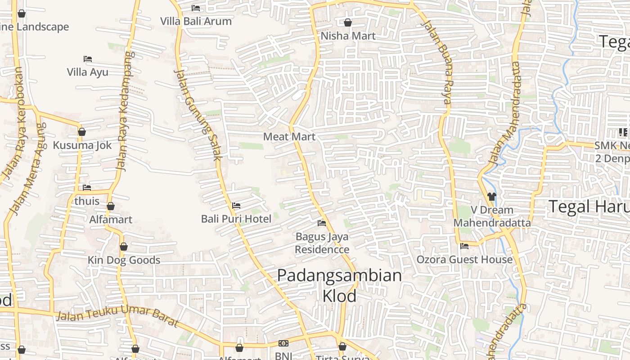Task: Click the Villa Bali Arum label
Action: (x=196, y=21)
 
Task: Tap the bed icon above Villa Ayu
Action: (x=88, y=59)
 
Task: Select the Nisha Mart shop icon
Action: (x=348, y=22)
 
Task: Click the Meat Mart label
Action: (x=289, y=137)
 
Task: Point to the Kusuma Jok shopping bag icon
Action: (x=82, y=132)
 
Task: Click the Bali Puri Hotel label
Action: (x=236, y=219)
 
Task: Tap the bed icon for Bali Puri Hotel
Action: (x=236, y=206)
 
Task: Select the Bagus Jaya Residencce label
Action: (x=322, y=243)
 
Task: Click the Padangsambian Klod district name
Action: (x=339, y=285)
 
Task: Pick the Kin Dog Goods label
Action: (x=124, y=260)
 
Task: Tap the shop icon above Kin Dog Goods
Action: (x=124, y=247)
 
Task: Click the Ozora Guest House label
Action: (x=464, y=260)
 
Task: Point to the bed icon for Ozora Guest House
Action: (x=464, y=246)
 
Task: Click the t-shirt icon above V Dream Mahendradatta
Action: (x=491, y=196)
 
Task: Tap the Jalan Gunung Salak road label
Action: (x=198, y=115)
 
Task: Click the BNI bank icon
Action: (x=283, y=343)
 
